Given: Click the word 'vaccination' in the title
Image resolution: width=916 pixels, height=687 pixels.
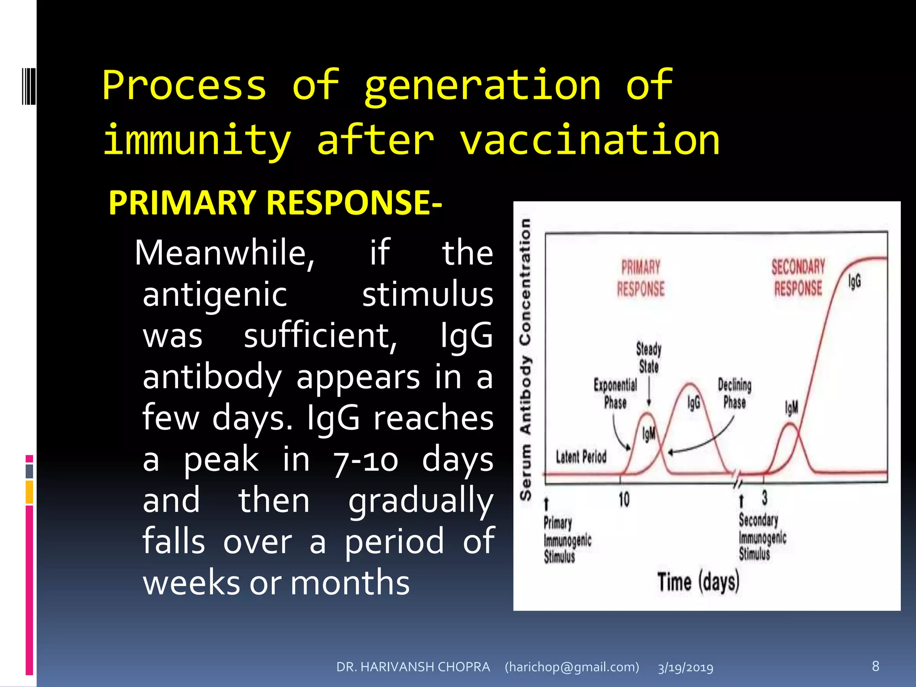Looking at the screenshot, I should coord(589,140).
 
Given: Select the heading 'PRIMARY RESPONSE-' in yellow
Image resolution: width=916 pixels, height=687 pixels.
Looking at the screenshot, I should coord(275,203).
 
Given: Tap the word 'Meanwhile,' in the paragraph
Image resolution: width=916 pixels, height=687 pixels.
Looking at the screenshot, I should coord(225,253).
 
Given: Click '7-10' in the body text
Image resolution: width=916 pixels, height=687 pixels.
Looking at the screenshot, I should coord(365,461).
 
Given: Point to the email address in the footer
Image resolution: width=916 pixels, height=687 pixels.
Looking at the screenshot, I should coord(572,667).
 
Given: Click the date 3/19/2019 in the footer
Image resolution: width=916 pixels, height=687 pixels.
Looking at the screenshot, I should coord(685,668).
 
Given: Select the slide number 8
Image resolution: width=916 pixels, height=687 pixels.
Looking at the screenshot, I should coord(875,666).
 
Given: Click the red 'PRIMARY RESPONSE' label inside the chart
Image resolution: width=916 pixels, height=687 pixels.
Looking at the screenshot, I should coord(640,278).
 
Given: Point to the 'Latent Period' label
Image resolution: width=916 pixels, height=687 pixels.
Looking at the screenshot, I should coord(581,457).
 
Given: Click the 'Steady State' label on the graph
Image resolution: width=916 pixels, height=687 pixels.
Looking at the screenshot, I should coord(649,357).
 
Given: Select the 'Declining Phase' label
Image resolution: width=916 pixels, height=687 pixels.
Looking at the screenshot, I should coord(734,393).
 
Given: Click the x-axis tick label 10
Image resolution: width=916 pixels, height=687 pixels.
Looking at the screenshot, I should coord(624,499).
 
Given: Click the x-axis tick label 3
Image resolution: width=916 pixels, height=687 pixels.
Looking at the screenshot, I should coord(764,497).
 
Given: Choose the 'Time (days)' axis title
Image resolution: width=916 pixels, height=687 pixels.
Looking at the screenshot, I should coord(698,582).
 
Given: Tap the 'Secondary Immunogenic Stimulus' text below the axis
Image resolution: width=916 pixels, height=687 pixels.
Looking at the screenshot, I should coord(762,537).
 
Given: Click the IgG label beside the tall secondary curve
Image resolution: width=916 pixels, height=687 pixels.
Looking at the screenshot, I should coord(854,281).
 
